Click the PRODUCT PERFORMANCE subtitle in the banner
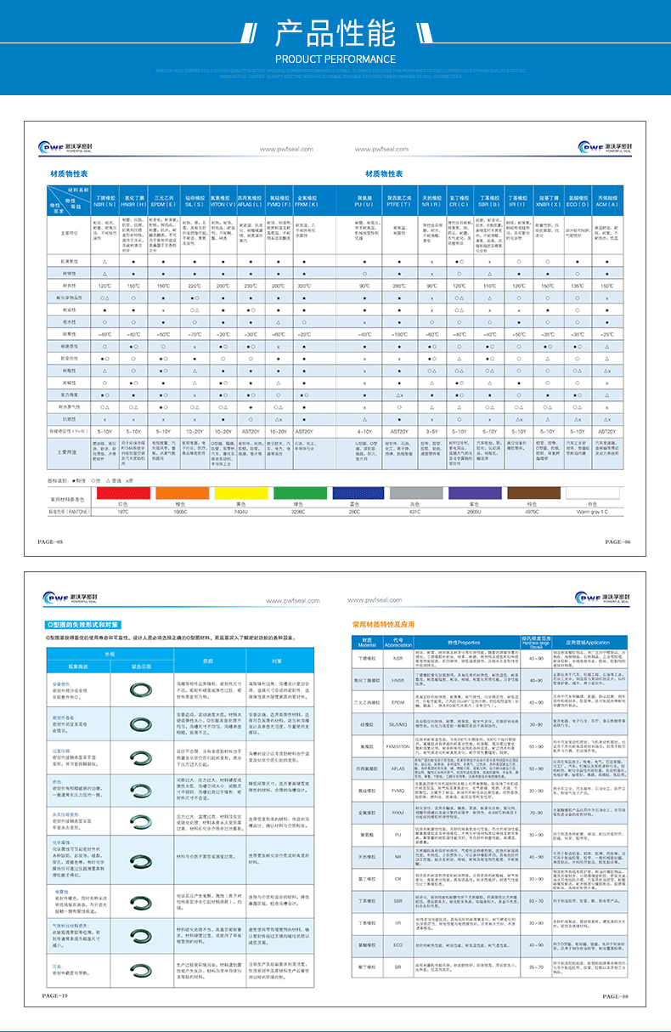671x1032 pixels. (335, 59)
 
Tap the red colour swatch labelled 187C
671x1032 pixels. (123, 493)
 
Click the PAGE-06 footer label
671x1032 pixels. (617, 542)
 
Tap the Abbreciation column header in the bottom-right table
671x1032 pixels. (398, 644)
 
